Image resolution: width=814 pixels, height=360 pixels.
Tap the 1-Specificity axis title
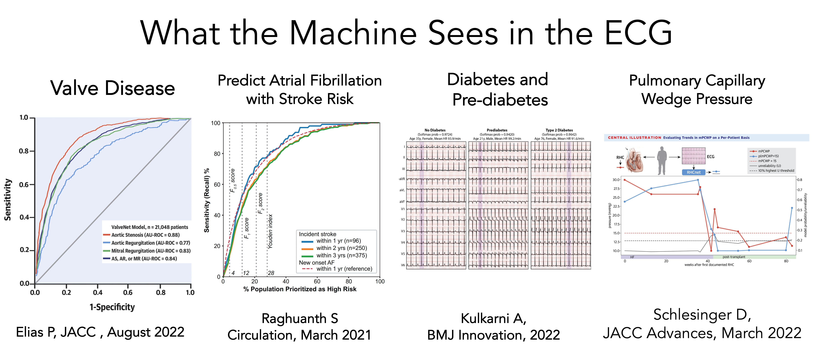(x=112, y=307)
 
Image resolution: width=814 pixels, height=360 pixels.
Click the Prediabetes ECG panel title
(x=497, y=130)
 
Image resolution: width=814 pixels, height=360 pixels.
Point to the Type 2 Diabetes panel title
(x=559, y=130)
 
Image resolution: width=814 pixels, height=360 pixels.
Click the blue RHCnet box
(x=694, y=172)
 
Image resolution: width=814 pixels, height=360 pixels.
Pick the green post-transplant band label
(x=734, y=257)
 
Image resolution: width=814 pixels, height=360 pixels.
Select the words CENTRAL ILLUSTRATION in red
(x=634, y=138)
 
